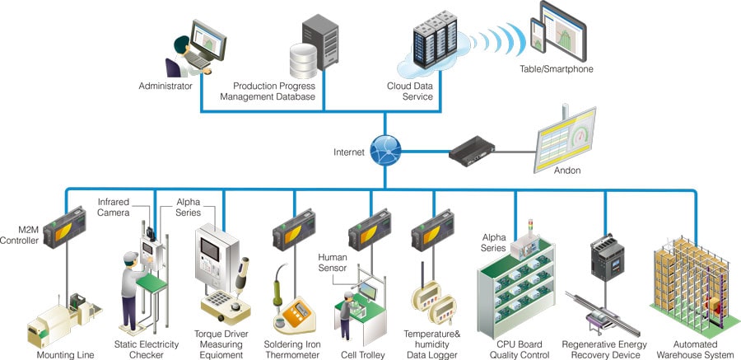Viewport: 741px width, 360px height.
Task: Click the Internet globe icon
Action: pyautogui.click(x=384, y=151)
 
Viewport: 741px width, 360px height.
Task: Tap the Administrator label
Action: pyautogui.click(x=165, y=86)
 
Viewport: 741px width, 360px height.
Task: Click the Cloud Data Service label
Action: pyautogui.click(x=410, y=91)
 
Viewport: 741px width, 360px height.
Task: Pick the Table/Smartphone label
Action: pyautogui.click(x=557, y=69)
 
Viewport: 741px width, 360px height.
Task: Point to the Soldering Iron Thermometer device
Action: pyautogui.click(x=293, y=314)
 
